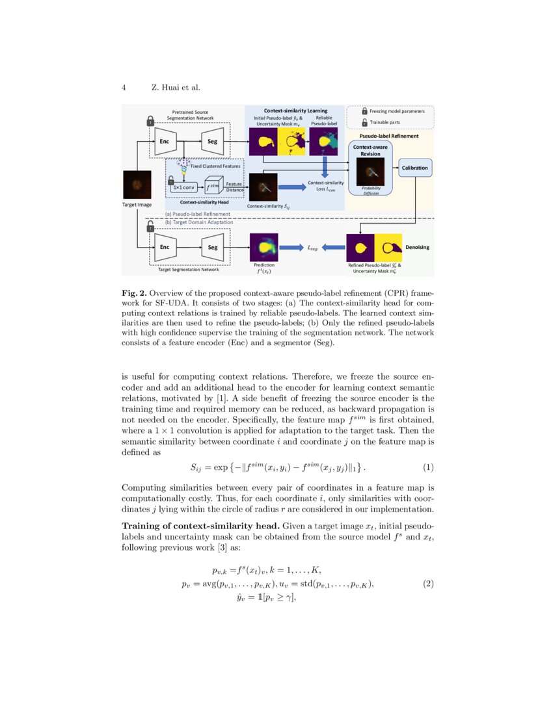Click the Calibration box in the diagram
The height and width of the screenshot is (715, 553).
414,167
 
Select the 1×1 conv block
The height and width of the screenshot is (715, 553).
183,187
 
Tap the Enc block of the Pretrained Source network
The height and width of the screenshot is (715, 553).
165,140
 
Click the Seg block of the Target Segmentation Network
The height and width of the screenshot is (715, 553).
212,247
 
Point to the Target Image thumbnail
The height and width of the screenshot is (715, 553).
137,185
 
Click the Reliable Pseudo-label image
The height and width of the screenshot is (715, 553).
323,141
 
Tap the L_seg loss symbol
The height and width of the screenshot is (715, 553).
313,247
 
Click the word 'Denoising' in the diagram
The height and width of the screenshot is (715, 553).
417,248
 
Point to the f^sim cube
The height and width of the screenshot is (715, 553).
211,187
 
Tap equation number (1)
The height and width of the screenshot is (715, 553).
428,467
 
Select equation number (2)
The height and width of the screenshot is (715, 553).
428,584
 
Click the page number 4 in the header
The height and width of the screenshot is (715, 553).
124,88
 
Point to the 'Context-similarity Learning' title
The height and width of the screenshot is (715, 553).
295,110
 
